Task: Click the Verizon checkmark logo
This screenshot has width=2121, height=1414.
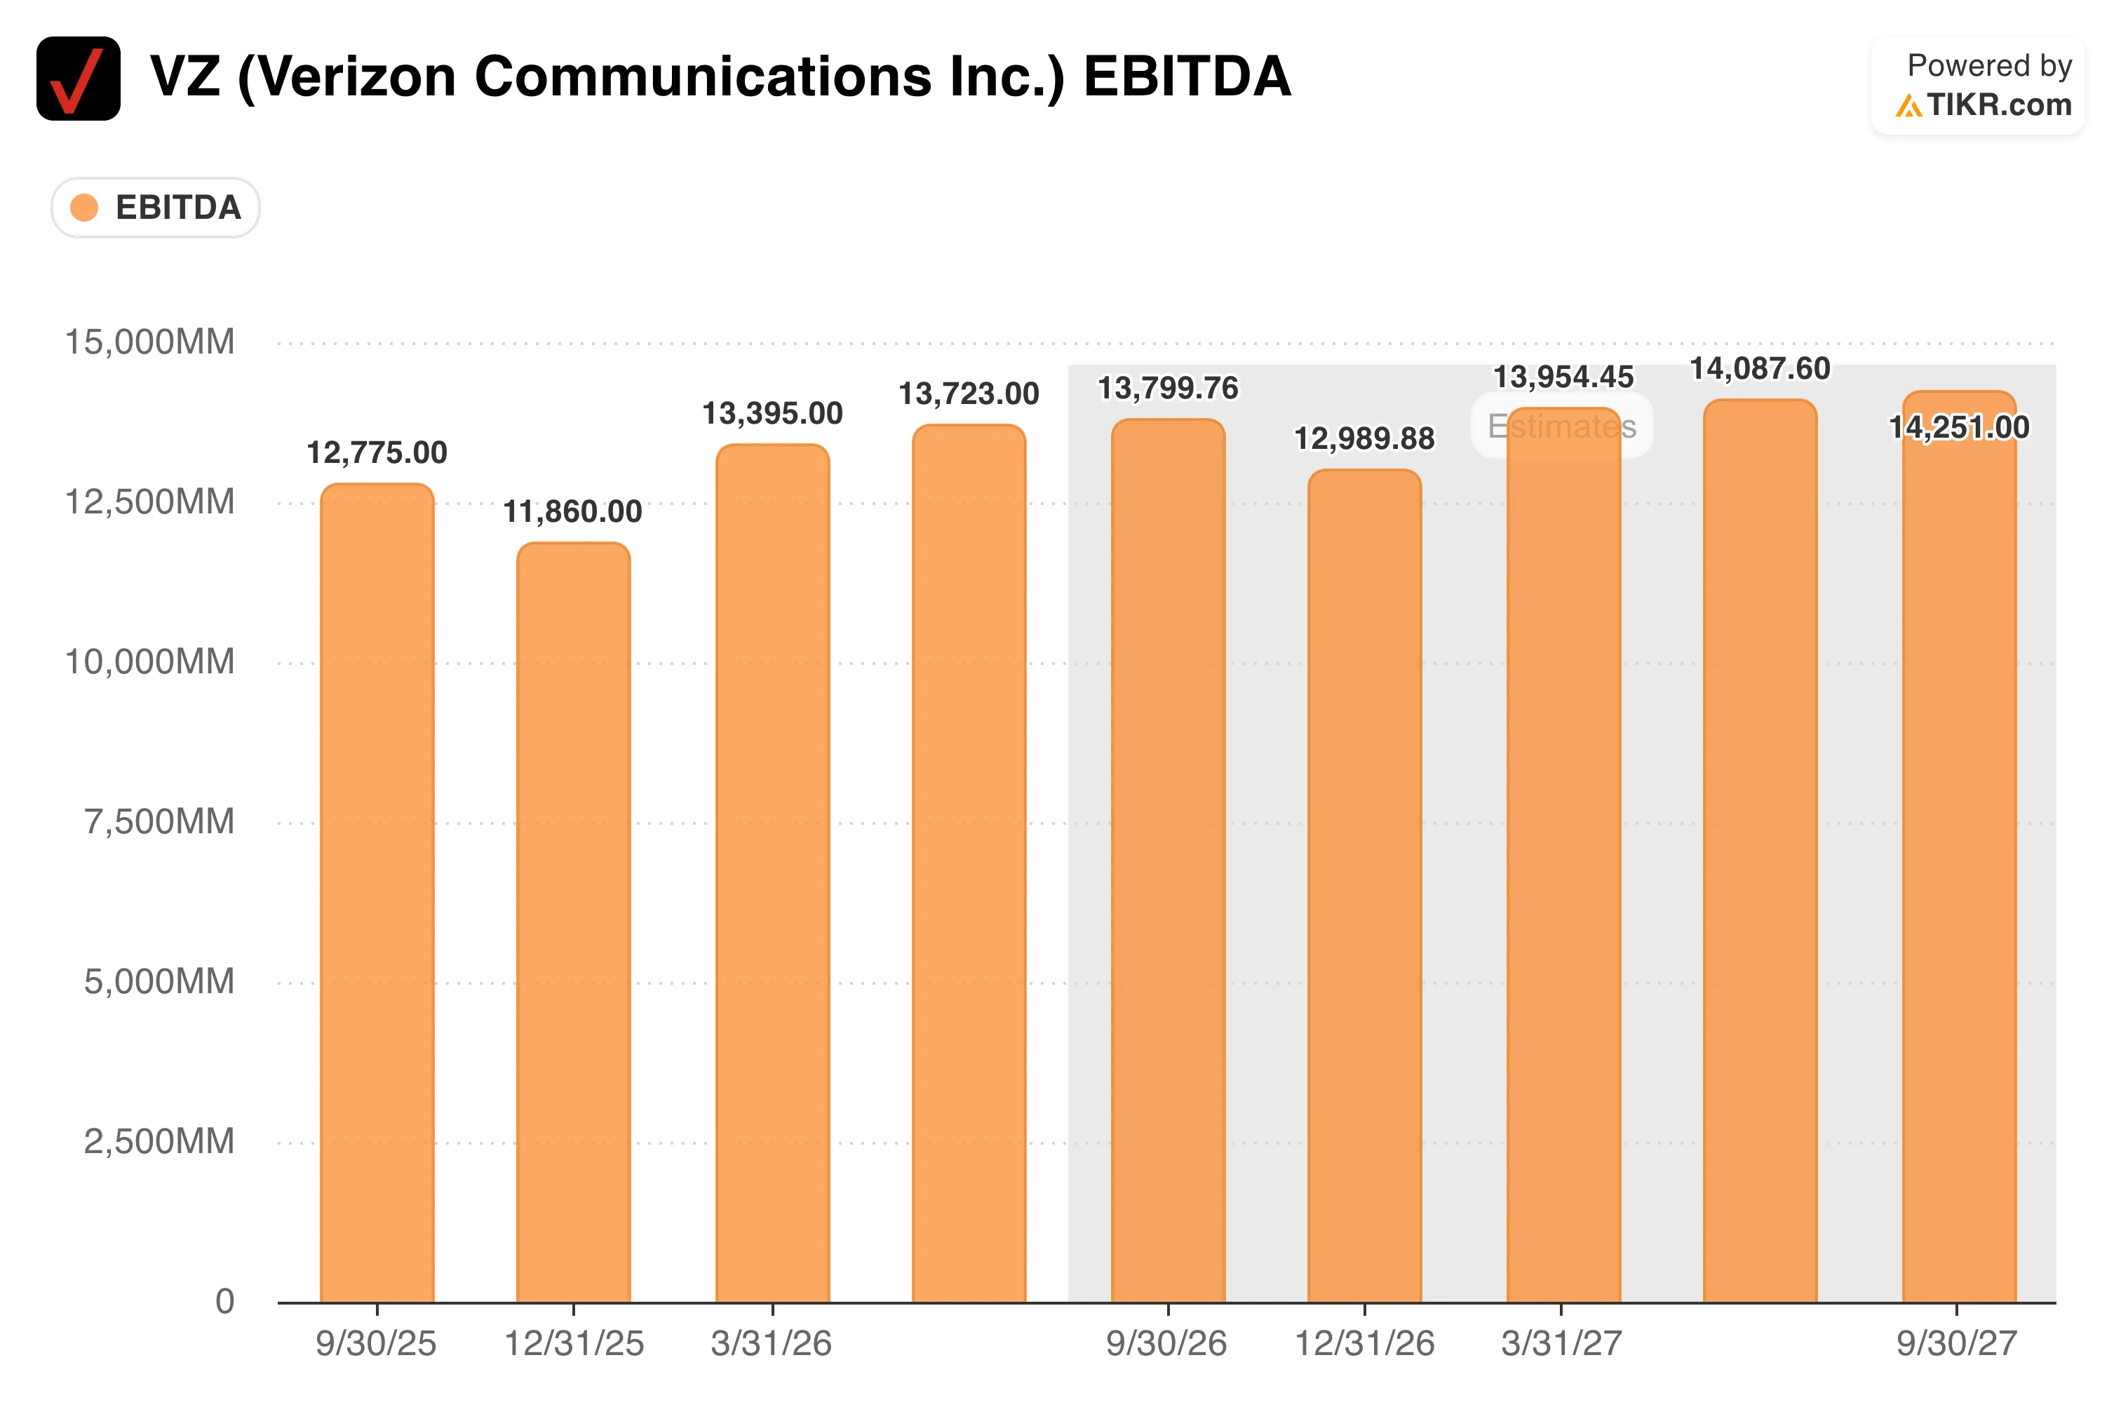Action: point(79,79)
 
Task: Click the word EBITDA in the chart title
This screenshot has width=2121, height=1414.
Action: point(1187,76)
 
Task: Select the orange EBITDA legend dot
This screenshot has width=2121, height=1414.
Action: point(84,208)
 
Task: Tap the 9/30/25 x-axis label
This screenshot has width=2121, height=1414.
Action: point(376,1344)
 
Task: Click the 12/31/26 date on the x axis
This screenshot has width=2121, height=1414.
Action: point(1364,1344)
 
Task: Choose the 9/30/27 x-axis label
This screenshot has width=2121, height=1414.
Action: point(1957,1344)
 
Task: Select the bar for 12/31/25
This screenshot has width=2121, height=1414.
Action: point(574,922)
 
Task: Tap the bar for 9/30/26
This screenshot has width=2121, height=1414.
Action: point(1168,861)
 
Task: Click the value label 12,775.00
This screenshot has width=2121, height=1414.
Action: point(377,452)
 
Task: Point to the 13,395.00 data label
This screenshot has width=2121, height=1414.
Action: point(773,414)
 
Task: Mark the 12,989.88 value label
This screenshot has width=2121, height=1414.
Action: point(1364,439)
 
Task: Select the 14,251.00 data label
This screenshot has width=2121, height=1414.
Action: point(1960,427)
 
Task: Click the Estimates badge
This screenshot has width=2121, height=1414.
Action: point(1562,426)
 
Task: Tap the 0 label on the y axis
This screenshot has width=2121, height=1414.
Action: point(224,1301)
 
